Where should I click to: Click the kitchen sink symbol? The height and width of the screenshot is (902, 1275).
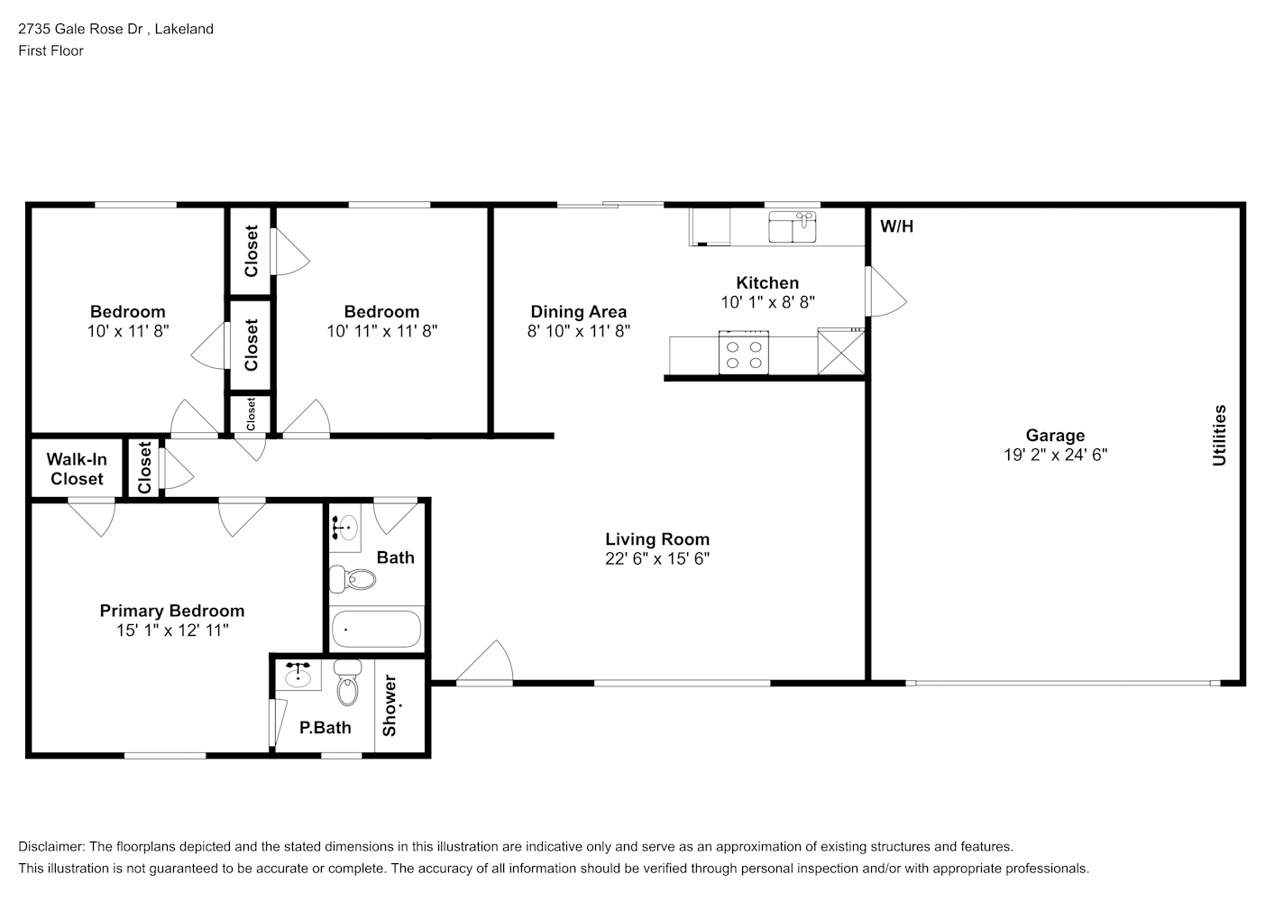pyautogui.click(x=792, y=227)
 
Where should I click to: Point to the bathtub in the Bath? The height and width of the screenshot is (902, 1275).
pyautogui.click(x=376, y=630)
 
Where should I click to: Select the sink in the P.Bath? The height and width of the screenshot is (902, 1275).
pyautogui.click(x=298, y=675)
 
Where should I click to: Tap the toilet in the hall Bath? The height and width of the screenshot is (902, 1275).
pyautogui.click(x=353, y=579)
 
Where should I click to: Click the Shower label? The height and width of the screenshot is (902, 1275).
pyautogui.click(x=390, y=705)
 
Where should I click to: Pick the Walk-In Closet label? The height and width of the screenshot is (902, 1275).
pyautogui.click(x=77, y=469)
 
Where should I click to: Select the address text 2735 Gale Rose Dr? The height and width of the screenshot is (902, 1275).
pyautogui.click(x=80, y=29)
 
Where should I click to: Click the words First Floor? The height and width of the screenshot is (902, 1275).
pyautogui.click(x=50, y=51)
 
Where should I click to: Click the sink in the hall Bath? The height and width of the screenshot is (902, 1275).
pyautogui.click(x=345, y=528)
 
